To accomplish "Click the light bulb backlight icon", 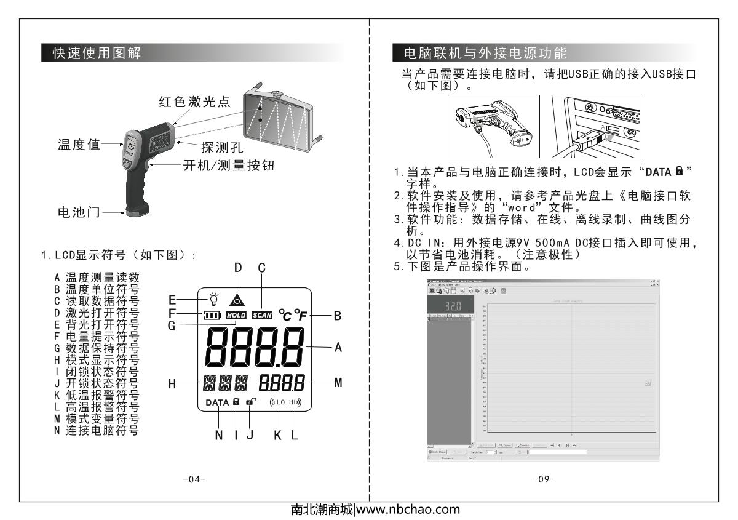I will [x=213, y=300].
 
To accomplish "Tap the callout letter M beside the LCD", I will [x=337, y=382].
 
